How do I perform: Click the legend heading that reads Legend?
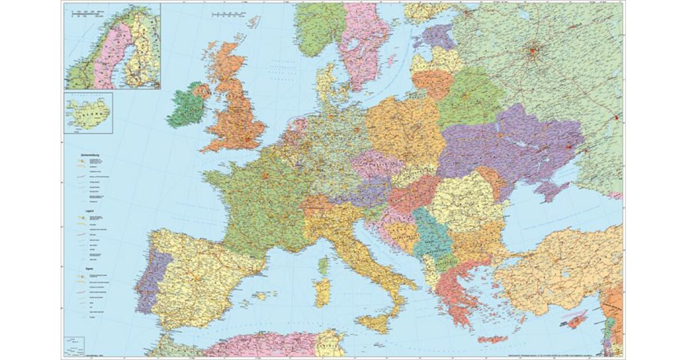[80, 211]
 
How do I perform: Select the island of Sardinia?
[322, 292]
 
